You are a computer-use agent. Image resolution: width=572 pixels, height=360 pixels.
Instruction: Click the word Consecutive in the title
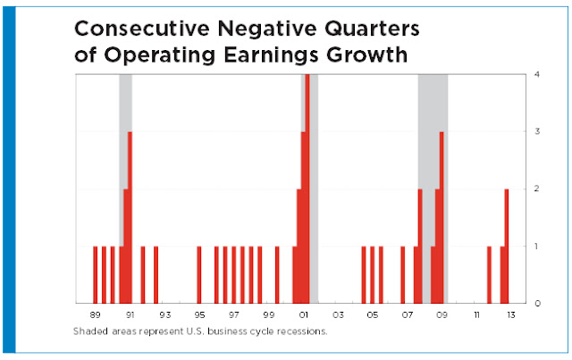pos(142,29)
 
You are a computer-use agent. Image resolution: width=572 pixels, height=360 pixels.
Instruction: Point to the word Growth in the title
pos(366,55)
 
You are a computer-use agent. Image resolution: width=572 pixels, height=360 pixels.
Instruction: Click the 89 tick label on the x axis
pos(95,314)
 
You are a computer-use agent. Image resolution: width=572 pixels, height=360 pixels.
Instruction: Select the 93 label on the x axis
pos(164,314)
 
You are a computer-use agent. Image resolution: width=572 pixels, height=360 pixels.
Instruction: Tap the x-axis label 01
pos(303,314)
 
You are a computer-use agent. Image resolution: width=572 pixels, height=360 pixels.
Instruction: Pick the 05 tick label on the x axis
pos(373,314)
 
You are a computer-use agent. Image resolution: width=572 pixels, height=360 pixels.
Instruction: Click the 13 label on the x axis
pos(511,314)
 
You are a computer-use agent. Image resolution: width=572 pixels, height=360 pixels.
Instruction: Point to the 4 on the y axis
pos(537,74)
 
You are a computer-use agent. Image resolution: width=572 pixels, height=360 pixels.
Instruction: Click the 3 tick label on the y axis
pos(537,131)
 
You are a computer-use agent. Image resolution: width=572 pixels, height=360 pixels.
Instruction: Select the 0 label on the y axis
pos(537,303)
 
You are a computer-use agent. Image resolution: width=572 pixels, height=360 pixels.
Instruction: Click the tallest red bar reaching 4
pos(307,188)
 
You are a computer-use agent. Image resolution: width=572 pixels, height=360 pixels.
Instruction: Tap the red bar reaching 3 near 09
pos(442,217)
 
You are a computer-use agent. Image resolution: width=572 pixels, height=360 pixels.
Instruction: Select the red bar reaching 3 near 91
pos(130,217)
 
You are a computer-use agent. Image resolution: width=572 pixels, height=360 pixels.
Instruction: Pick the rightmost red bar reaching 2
pos(507,246)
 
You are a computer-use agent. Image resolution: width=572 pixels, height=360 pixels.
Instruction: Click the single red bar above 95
pos(199,274)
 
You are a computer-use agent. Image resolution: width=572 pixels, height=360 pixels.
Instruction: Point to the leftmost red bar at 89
pos(96,274)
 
